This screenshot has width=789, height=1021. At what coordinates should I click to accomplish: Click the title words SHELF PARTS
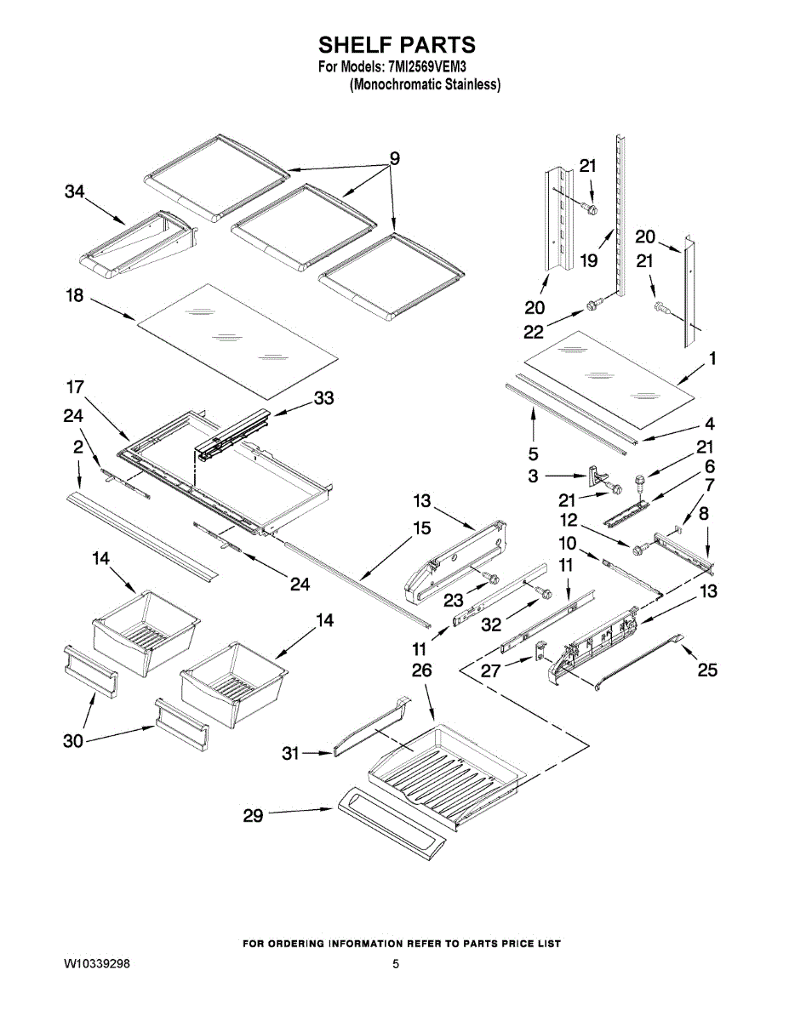coord(397,44)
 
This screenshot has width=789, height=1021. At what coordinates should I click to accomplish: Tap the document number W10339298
coord(97,964)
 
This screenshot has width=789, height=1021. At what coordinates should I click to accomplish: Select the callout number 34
coord(75,193)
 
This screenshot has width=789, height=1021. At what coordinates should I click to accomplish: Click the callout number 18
coord(75,295)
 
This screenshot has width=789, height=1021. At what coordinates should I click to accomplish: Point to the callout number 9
coord(394,157)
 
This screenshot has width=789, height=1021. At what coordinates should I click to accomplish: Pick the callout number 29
coord(253,815)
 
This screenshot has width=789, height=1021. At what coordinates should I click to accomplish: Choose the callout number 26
coord(421,670)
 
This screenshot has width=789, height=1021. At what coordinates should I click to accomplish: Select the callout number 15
coord(421,528)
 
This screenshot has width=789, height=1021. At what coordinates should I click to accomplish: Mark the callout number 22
coord(534,330)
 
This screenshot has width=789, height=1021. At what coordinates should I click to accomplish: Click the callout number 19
coord(589,261)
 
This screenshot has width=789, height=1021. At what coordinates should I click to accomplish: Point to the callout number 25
coord(707,670)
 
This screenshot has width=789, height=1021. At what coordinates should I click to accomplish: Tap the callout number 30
coord(73,741)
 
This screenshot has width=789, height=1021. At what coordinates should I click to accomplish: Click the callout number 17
coord(75,387)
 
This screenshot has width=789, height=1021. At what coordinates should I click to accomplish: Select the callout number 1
coord(712,359)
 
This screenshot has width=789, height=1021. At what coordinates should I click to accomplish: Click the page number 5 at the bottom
coord(396,964)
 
